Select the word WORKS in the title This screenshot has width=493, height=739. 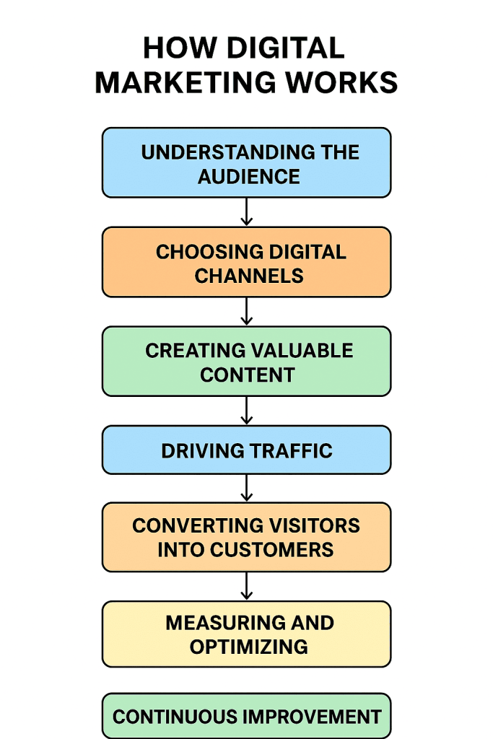click(x=345, y=83)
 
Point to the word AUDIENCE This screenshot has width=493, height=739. click(x=249, y=176)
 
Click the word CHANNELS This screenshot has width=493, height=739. click(x=249, y=276)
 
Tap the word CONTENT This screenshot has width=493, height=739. click(x=248, y=375)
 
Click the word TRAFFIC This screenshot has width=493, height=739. click(x=291, y=451)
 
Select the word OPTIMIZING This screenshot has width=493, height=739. click(x=249, y=647)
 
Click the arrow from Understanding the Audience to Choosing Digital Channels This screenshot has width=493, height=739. click(x=246, y=212)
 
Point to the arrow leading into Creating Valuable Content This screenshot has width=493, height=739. click(x=246, y=312)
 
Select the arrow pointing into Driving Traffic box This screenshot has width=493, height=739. click(x=246, y=411)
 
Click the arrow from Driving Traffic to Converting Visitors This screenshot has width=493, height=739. click(x=246, y=488)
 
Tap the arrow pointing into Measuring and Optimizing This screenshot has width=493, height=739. click(x=246, y=586)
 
